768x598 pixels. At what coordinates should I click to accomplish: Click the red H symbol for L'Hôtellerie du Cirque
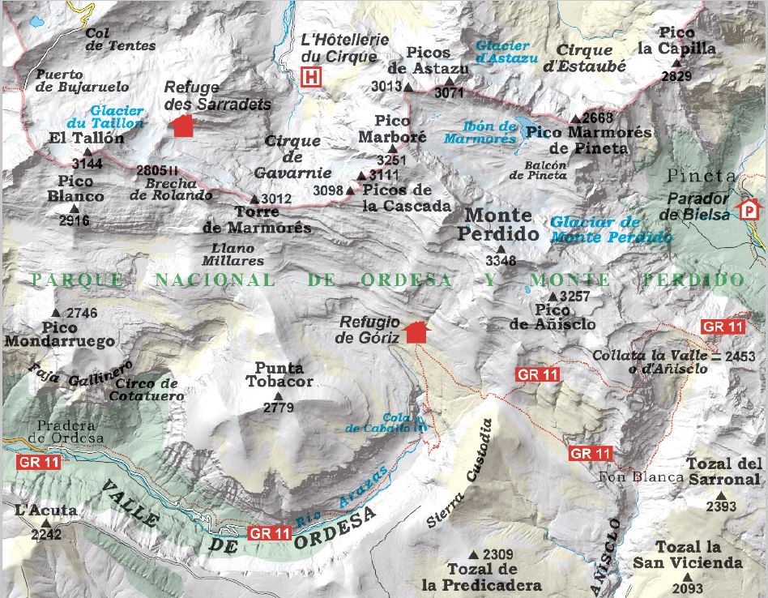[311, 78]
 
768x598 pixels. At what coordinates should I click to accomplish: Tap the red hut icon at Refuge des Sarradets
[183, 126]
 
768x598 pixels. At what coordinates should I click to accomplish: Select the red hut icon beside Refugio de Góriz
[416, 331]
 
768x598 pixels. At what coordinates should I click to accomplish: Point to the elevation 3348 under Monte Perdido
[501, 262]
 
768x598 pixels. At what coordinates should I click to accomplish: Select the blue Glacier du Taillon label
[117, 117]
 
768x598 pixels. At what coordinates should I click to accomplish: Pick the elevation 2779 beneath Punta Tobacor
[279, 408]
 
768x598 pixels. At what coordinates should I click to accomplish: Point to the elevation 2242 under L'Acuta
[46, 534]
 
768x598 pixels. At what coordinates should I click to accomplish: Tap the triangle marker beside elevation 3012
[254, 199]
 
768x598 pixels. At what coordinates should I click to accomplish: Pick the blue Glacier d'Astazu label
[503, 53]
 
